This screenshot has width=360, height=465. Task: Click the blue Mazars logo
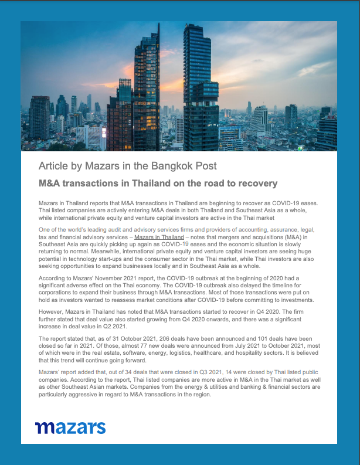tap(70, 427)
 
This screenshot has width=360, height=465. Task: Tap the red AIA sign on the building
tap(331, 117)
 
